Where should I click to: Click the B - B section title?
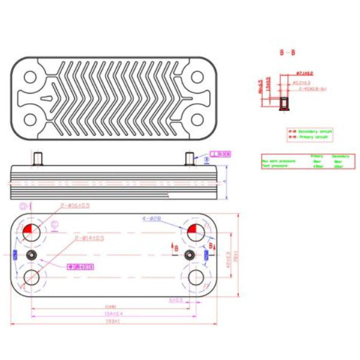pos(287,53)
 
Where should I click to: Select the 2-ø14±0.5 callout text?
pos(90,238)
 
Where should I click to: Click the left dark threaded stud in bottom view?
pos(32,255)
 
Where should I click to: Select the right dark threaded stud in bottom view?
pos(190,255)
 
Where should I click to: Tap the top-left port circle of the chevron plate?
pos(30,77)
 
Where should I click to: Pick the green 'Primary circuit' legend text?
pos(312,137)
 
